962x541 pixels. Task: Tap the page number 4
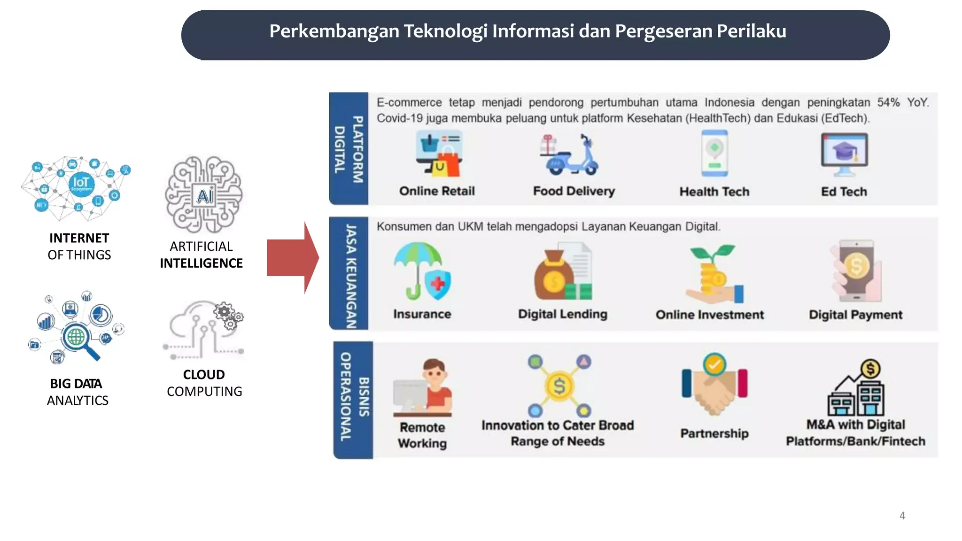pos(902,516)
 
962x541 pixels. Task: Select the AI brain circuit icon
pos(203,194)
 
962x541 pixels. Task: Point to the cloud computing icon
pos(203,330)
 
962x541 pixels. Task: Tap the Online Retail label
pos(437,191)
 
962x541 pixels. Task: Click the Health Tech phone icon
pos(714,153)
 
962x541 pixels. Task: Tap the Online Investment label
pos(710,315)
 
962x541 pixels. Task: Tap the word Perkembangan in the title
pos(334,31)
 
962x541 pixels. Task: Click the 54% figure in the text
pos(888,102)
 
